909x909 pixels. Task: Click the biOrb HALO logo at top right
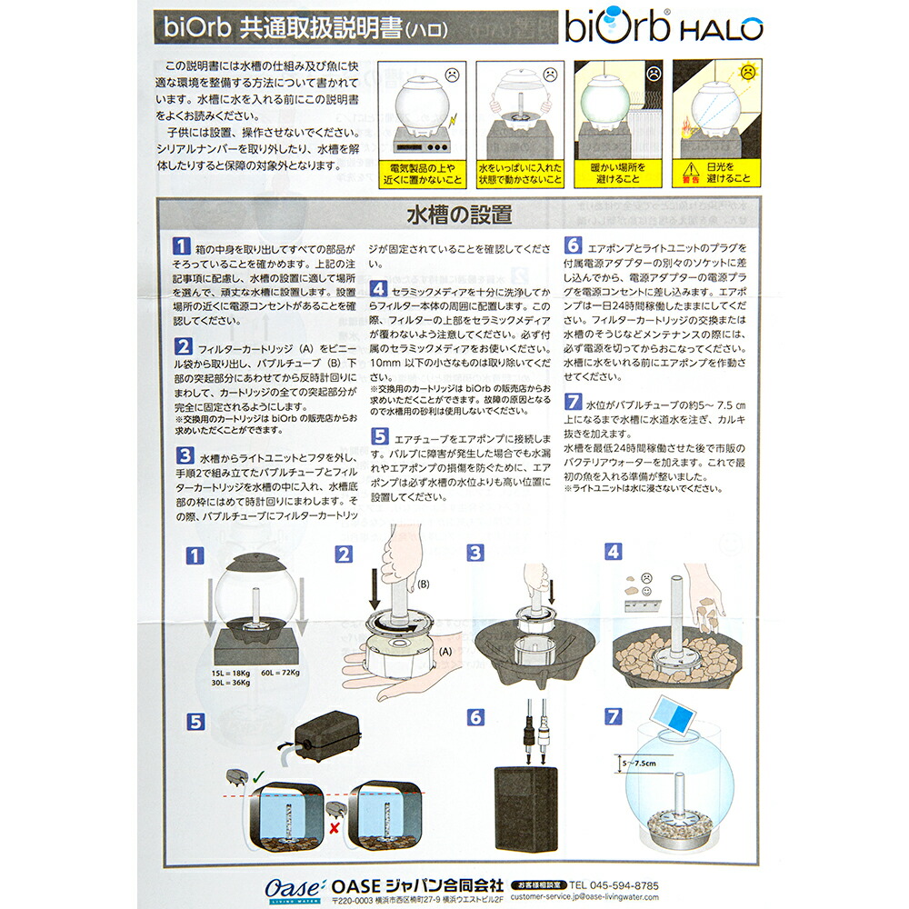click(x=664, y=27)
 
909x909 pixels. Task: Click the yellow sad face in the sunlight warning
click(x=744, y=70)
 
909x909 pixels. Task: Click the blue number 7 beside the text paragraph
click(x=573, y=401)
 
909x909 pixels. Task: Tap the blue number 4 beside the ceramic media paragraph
click(x=377, y=288)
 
